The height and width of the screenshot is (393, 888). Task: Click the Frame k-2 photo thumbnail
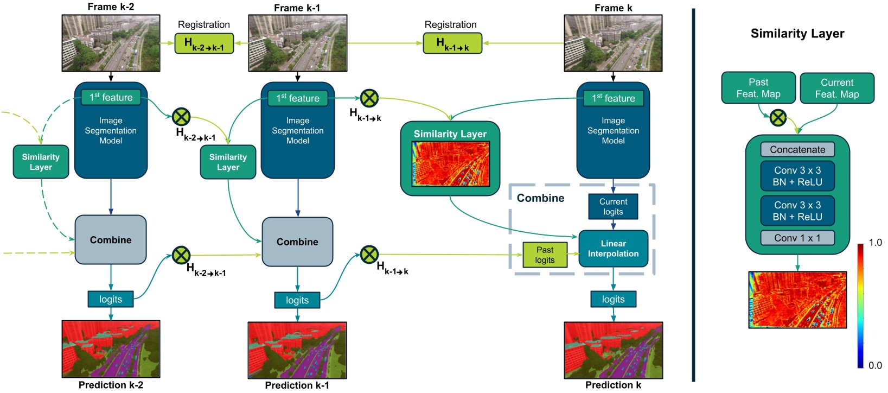(x=111, y=43)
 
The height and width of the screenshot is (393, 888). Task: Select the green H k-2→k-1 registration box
(x=204, y=43)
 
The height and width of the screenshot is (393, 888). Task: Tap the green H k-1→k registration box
(x=452, y=43)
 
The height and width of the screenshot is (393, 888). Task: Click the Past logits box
(x=545, y=255)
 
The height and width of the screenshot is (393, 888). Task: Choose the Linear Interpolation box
(x=613, y=249)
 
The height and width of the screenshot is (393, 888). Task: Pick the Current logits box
(x=613, y=206)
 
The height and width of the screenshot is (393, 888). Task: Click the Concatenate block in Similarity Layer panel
(x=797, y=149)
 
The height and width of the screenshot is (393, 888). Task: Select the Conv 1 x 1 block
(x=797, y=238)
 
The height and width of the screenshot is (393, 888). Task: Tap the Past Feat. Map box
(x=758, y=88)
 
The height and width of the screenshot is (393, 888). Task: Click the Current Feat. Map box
(x=836, y=88)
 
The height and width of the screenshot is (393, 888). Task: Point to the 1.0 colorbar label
(x=875, y=243)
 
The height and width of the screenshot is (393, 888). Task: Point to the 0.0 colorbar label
(x=875, y=365)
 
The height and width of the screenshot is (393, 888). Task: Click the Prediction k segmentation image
(x=613, y=350)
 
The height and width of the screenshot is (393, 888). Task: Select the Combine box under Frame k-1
(x=297, y=242)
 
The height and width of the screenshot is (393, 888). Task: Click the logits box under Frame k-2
(x=111, y=299)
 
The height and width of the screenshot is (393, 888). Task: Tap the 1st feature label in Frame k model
(x=613, y=98)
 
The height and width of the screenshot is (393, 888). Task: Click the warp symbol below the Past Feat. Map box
(x=778, y=117)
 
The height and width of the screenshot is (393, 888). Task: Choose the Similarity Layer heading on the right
(x=797, y=34)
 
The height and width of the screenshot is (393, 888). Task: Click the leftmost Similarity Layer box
(x=41, y=162)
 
